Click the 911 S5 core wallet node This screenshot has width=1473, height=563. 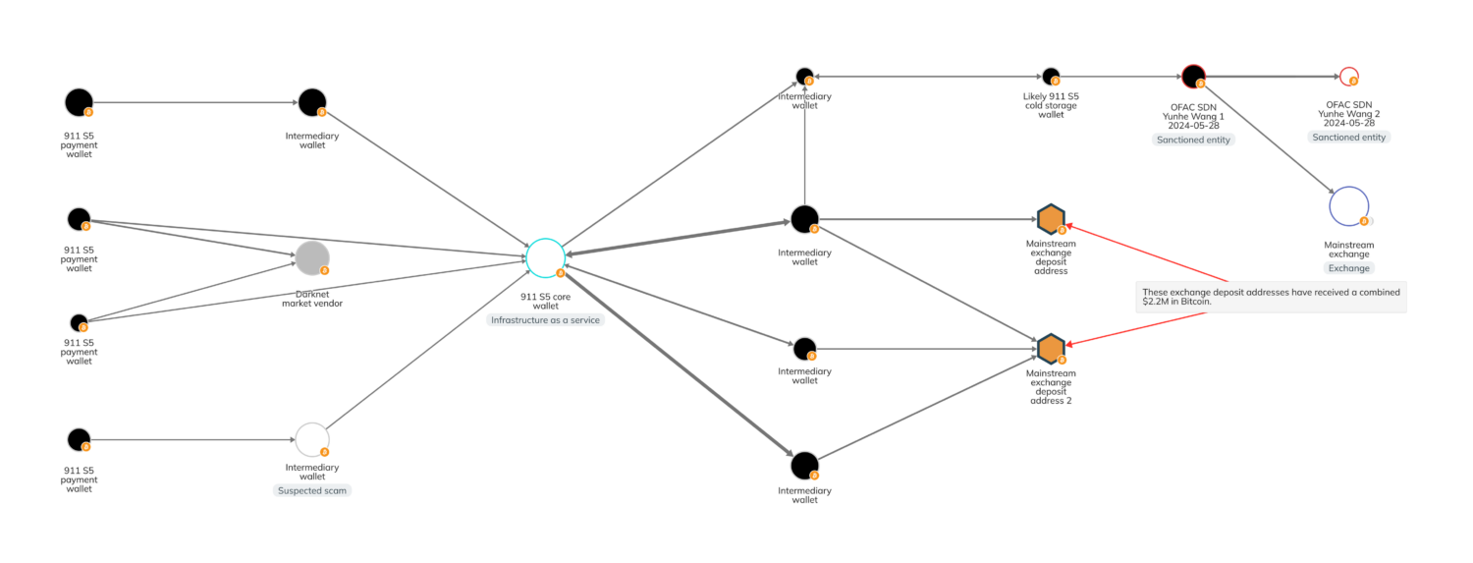545,257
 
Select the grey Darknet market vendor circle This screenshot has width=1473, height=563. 312,257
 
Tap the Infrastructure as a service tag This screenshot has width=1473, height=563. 544,320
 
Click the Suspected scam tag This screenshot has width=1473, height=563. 311,489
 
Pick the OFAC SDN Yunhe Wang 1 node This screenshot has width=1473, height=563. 1193,76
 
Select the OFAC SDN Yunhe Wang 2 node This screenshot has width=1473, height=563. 1348,76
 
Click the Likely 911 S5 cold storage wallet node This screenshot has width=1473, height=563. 1050,76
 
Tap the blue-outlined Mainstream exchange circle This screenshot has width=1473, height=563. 1348,205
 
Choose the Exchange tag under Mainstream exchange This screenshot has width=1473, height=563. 1348,267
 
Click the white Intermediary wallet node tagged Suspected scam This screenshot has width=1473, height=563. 311,439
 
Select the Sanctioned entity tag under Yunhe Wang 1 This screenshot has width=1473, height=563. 1193,140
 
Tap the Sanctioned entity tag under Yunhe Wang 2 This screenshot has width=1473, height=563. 1348,138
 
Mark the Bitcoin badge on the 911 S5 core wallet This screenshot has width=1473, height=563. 560,273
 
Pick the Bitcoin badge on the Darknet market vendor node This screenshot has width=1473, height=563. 324,270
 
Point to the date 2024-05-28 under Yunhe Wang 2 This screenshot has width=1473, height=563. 1348,124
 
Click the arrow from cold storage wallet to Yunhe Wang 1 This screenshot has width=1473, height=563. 1119,76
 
